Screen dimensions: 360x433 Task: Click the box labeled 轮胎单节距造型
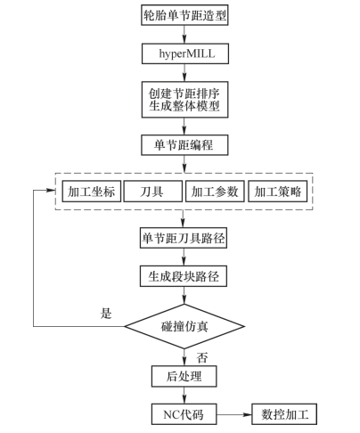coord(184,15)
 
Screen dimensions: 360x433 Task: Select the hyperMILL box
coord(185,53)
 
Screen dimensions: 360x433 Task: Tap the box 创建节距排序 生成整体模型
coord(184,100)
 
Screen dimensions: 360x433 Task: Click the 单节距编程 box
coord(184,145)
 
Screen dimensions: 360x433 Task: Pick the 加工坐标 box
coord(92,192)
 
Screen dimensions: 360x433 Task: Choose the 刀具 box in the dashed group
coord(153,192)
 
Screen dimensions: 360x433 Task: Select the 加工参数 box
coord(215,192)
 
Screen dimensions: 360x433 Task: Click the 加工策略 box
coord(277,192)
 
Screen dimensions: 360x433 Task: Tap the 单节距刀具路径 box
coord(184,238)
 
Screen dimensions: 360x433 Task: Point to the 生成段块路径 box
coord(184,276)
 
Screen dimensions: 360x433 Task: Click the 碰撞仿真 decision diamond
coord(184,326)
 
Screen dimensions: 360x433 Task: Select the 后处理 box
coord(184,376)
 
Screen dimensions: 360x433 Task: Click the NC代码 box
coord(184,414)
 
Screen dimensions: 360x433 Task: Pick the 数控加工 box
coord(284,414)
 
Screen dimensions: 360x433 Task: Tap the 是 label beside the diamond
coord(106,314)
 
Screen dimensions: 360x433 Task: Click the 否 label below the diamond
coord(202,357)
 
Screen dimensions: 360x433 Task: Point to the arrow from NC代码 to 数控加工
coord(234,414)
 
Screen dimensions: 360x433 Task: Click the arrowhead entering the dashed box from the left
coord(52,191)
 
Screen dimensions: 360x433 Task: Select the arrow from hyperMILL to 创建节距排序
coord(184,72)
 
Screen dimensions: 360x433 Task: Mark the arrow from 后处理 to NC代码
coord(184,396)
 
